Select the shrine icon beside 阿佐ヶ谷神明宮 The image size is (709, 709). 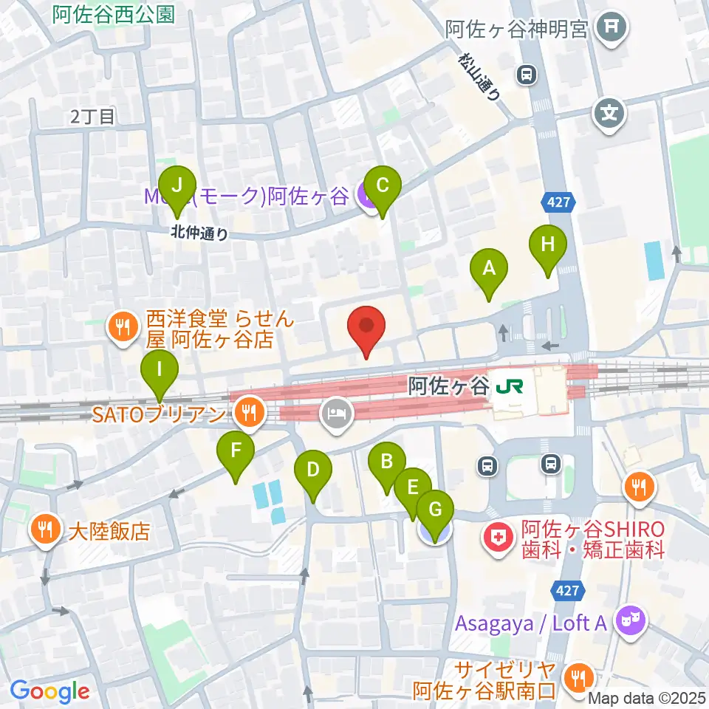click(612, 28)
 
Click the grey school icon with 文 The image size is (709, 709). click(610, 114)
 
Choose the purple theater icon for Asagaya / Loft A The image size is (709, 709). click(632, 622)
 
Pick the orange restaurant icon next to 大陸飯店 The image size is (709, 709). click(46, 530)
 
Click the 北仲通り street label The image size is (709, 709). click(199, 233)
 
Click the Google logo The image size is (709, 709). click(49, 691)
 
